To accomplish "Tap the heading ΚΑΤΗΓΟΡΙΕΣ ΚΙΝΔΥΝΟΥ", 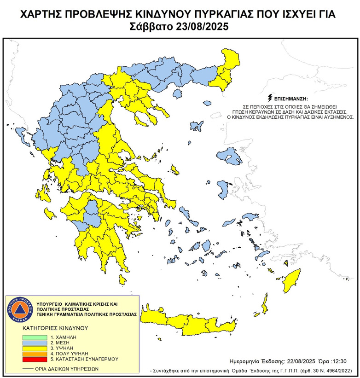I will pyautogui.click(x=55, y=328).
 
